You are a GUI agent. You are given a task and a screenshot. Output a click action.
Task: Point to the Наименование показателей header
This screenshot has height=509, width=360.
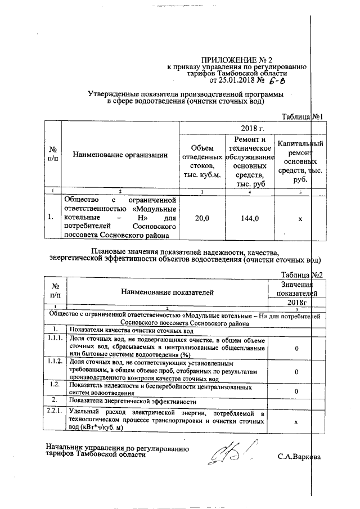click(166, 292)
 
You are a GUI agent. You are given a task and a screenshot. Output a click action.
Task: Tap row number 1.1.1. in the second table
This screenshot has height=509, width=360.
click(55, 339)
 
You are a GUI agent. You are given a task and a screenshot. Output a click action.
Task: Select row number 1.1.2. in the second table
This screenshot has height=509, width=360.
click(55, 361)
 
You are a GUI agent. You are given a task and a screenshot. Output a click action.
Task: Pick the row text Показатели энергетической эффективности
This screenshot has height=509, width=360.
click(133, 401)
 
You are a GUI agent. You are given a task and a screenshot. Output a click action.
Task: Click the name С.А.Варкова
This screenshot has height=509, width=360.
click(299, 456)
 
